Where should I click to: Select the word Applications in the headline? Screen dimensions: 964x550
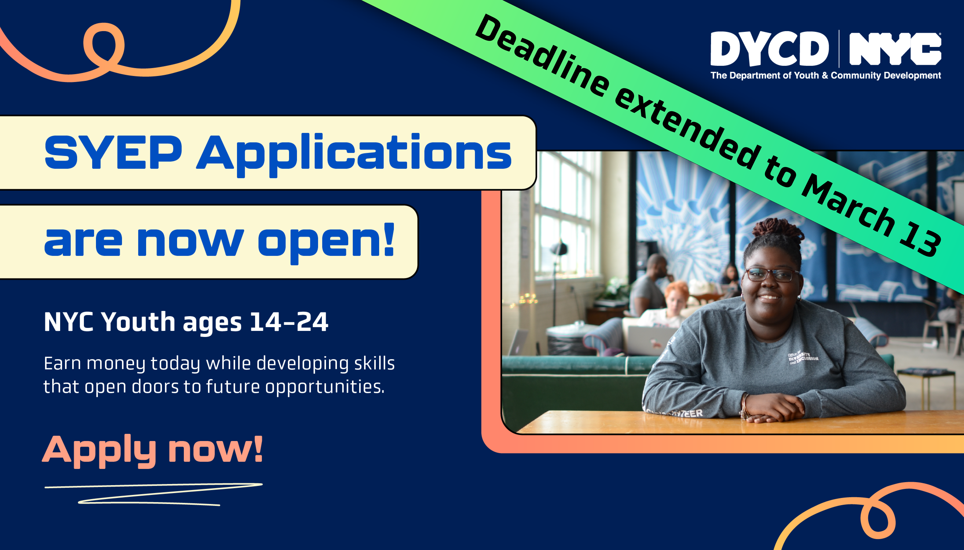[x=354, y=155]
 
